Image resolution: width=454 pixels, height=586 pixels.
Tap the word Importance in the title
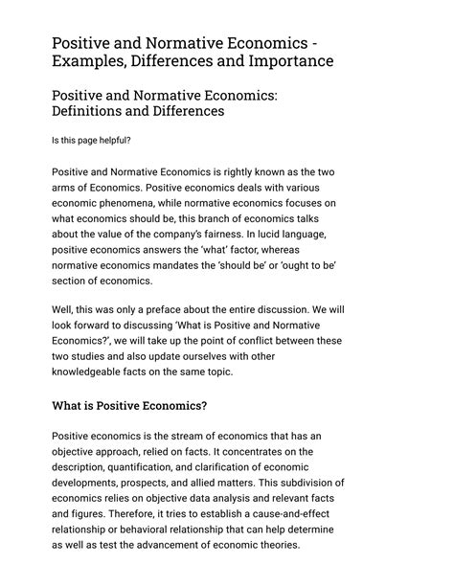coord(286,61)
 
